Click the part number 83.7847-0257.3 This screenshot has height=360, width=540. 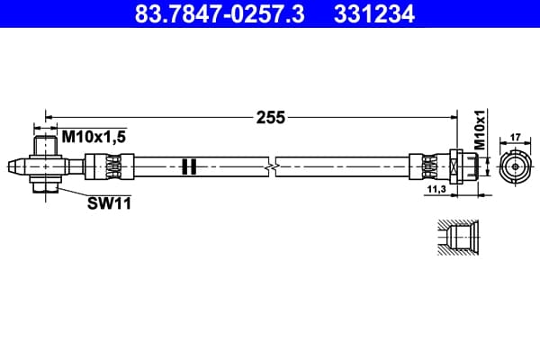[220, 13]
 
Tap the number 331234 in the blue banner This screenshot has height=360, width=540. [374, 13]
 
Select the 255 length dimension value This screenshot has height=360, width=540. [271, 118]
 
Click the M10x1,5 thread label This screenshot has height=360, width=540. [94, 137]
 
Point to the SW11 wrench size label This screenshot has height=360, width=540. [109, 203]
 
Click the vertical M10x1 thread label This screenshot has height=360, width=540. [480, 130]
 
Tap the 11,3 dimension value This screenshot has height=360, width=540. [436, 189]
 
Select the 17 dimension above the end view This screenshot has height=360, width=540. [515, 138]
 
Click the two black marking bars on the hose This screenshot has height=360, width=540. [189, 166]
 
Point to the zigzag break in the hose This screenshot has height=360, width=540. [272, 166]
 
